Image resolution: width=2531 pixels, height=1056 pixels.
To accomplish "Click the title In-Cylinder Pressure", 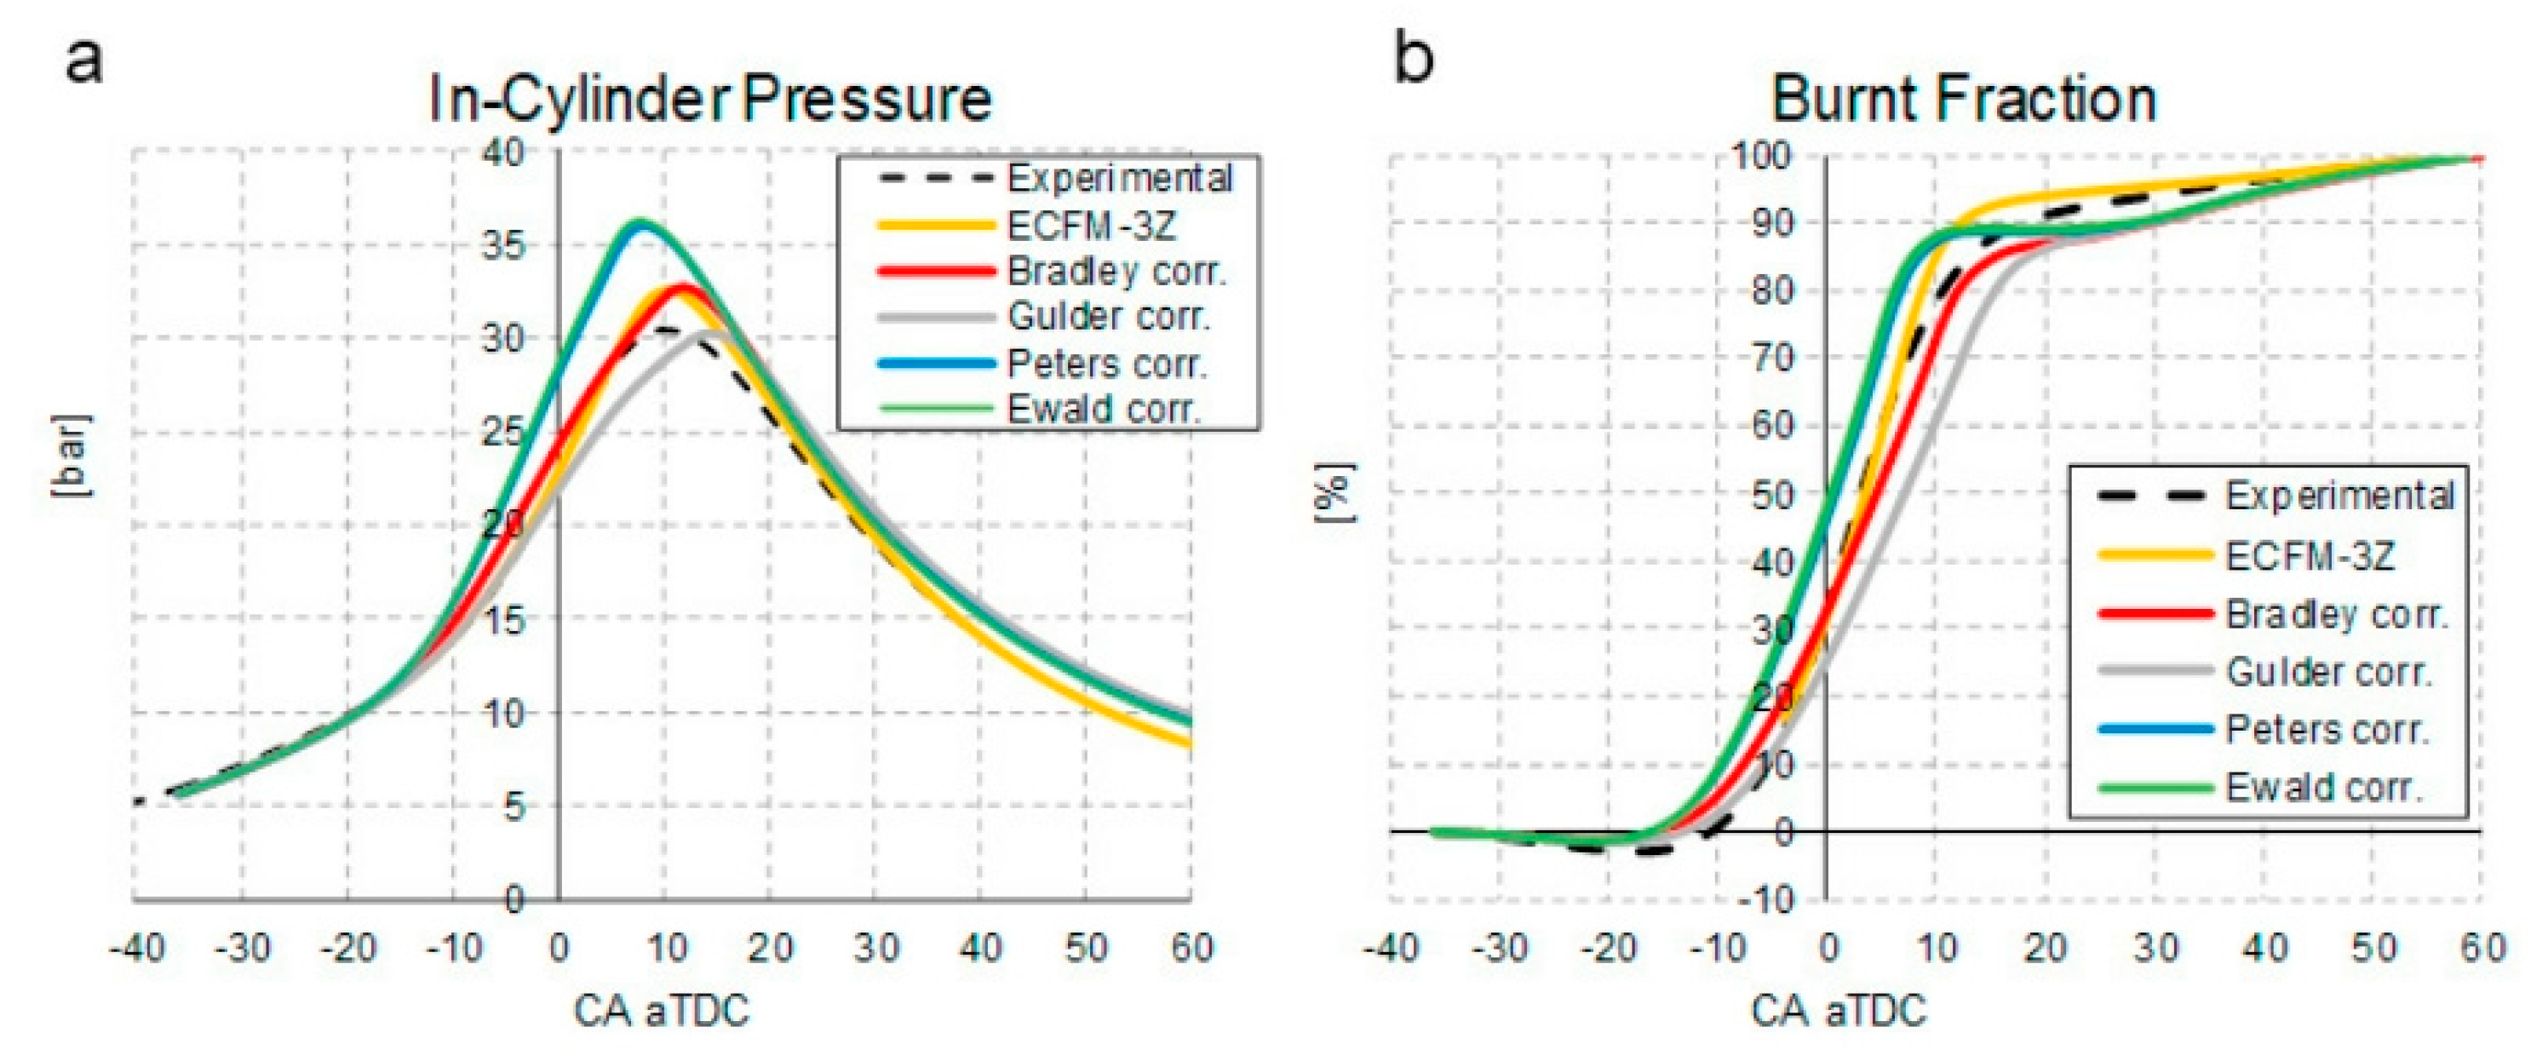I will click(x=710, y=100).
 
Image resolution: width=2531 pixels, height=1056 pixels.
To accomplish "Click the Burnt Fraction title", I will click(x=1963, y=100).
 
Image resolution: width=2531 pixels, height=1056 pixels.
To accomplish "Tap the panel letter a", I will click(x=83, y=61).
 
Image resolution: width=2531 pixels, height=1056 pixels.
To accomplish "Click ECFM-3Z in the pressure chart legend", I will click(x=1091, y=226).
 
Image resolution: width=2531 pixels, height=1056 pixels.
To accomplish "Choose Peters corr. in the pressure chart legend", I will click(x=1106, y=364).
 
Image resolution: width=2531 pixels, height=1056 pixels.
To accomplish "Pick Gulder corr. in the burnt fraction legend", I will click(x=2327, y=673).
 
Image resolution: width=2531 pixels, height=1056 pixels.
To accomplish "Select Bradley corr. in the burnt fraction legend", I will click(x=2337, y=615).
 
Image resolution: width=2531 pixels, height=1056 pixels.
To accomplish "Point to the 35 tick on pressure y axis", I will click(x=504, y=244).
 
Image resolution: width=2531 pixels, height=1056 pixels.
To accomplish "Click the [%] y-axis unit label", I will click(x=1336, y=493).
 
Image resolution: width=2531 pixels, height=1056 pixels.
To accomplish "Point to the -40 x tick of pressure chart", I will click(x=135, y=949).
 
